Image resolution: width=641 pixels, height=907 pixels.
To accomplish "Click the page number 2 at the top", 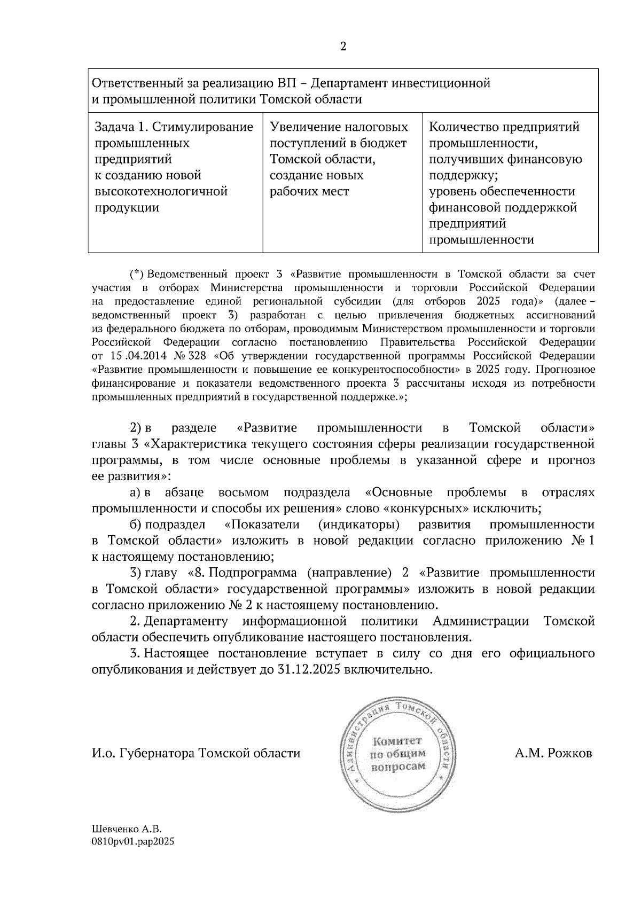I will coord(343,46).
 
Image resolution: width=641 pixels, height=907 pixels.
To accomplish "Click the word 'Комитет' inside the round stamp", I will coord(397,741).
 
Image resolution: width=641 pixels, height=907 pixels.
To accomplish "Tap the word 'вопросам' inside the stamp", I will coord(398,766).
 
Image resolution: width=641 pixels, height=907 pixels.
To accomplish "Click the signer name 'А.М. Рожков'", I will coord(553,753).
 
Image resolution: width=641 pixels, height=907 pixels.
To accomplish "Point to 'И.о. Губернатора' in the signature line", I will coord(143,753).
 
